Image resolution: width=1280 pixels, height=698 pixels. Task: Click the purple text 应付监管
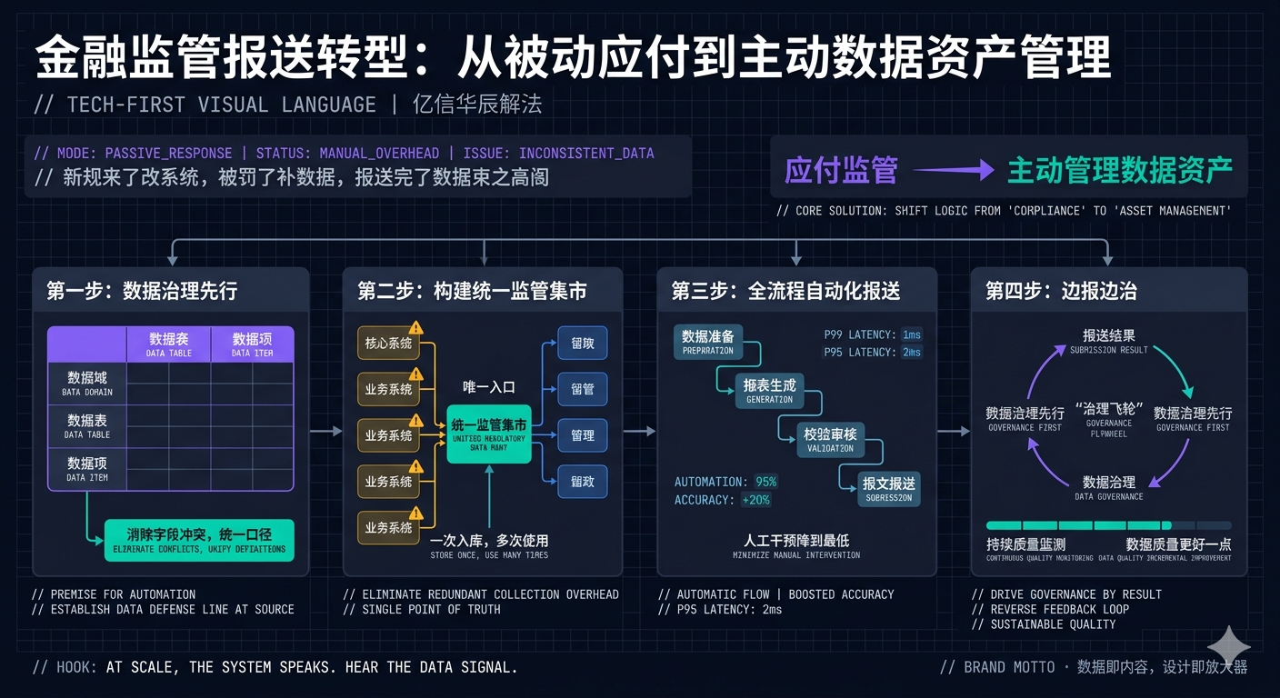841,170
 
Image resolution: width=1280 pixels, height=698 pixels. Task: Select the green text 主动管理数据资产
1120,170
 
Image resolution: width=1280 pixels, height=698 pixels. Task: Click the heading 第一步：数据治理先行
142,291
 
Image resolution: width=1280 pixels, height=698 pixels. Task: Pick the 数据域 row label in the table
87,382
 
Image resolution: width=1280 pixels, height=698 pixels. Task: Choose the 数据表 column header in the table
168,344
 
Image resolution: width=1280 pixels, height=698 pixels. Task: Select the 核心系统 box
388,344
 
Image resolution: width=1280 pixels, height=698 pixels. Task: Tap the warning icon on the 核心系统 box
415,328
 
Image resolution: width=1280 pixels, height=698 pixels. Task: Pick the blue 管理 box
582,435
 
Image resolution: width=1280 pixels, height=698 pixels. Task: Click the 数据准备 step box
707,341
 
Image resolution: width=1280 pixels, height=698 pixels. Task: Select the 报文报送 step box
889,488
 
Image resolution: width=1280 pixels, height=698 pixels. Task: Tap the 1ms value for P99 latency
911,334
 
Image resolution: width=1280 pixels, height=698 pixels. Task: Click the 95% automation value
765,482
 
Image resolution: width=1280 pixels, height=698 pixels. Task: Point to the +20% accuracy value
755,500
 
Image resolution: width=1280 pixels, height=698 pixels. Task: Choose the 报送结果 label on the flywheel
1108,340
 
